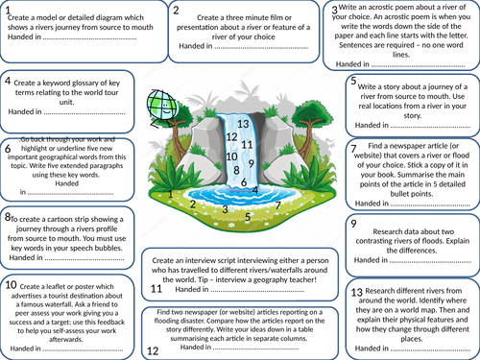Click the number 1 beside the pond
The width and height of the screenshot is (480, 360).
[171, 194]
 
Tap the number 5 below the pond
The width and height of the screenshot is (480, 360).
[248, 216]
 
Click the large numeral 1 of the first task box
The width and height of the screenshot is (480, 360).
[10, 12]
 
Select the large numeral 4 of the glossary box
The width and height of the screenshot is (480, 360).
[8, 82]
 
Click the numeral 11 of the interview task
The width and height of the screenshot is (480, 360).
[156, 288]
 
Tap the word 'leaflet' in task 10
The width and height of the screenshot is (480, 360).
[65, 284]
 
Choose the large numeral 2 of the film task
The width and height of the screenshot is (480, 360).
[177, 12]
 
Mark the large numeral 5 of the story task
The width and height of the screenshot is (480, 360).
[354, 82]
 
